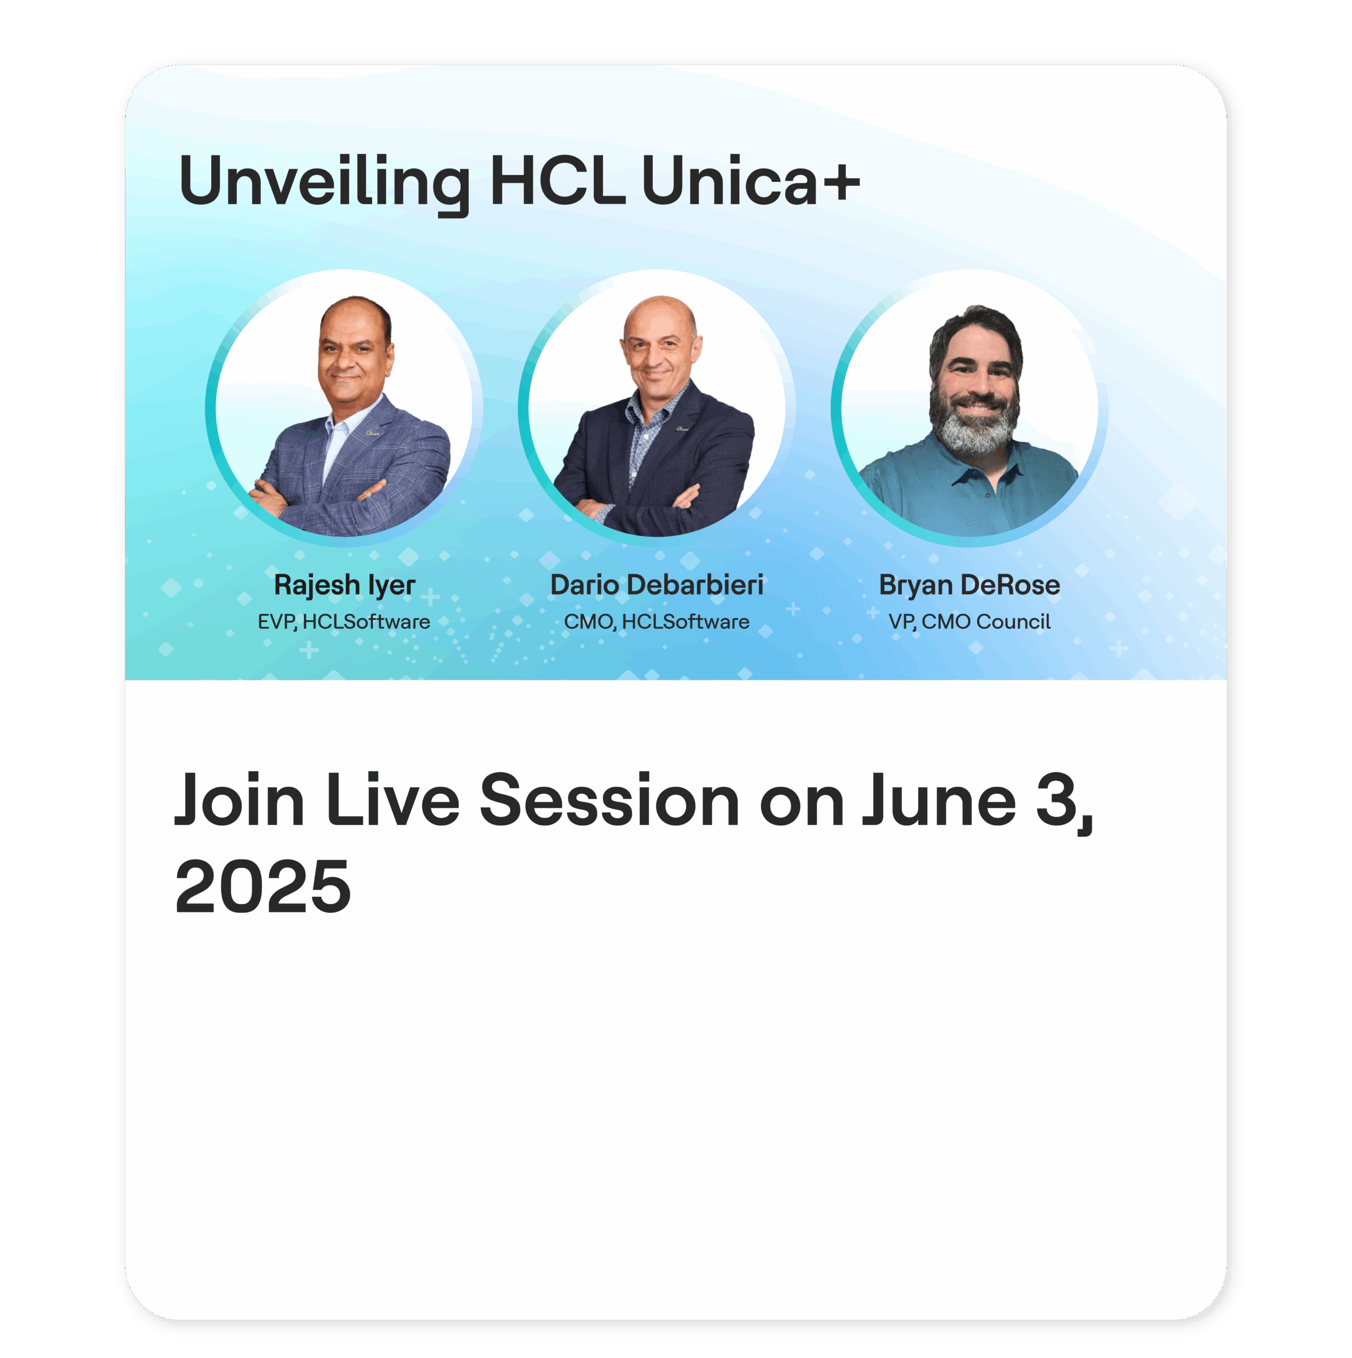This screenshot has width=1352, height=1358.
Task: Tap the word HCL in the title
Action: point(557,181)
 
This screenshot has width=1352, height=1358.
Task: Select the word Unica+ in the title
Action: point(750,181)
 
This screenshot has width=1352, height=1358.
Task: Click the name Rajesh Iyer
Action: point(344,585)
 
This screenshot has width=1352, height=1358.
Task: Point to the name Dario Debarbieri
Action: point(656,584)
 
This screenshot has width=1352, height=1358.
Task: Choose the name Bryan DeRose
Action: point(969,585)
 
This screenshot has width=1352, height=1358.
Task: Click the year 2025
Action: point(263,887)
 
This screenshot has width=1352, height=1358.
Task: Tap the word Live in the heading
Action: point(393,800)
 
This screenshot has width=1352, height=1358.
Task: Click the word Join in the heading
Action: point(240,800)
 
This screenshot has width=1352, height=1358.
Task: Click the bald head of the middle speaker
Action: point(660,316)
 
